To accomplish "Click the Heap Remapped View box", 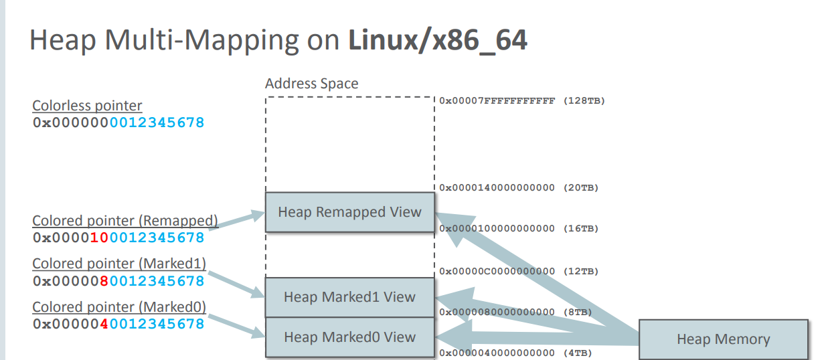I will click(x=349, y=212).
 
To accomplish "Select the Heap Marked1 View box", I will click(x=349, y=297).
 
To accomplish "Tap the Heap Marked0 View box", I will click(x=349, y=337).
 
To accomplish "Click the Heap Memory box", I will click(x=723, y=339).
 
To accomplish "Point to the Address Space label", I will click(x=311, y=84).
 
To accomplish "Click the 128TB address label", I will click(x=522, y=101).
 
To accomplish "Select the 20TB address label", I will click(x=519, y=188).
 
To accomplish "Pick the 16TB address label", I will click(x=519, y=229).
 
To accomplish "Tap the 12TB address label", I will click(x=519, y=272).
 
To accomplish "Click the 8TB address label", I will click(x=516, y=312).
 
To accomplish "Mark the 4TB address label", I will click(x=516, y=353).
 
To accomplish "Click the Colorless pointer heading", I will click(x=87, y=106).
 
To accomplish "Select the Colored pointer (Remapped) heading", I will click(x=125, y=221).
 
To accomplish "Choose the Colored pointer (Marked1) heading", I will click(x=118, y=264).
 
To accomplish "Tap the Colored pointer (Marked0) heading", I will click(x=118, y=307).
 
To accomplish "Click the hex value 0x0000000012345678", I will click(x=118, y=123).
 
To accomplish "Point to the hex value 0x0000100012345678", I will click(x=118, y=238).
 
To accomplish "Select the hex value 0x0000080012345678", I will click(x=118, y=281).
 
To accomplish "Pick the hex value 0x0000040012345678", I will click(x=118, y=324).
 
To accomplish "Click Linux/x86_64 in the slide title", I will click(x=437, y=40).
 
